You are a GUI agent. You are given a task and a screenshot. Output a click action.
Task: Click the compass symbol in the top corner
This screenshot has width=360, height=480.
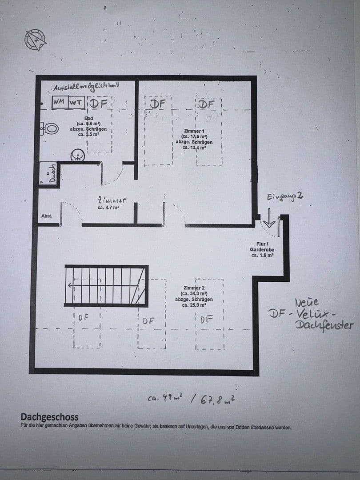(36, 40)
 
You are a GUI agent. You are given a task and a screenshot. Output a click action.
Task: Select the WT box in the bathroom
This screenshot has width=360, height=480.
(76, 102)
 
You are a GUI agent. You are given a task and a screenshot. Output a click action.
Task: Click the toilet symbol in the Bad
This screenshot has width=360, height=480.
(50, 129)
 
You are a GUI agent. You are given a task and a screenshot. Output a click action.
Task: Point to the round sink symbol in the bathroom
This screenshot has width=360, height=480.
(78, 156)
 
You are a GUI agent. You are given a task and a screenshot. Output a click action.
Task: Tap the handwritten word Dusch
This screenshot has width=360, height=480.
(52, 172)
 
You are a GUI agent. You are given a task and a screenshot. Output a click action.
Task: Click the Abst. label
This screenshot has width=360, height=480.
(46, 216)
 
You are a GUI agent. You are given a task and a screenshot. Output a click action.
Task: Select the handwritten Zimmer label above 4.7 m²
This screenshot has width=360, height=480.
(108, 200)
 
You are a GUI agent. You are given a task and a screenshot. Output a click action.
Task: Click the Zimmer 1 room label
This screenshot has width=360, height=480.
(194, 131)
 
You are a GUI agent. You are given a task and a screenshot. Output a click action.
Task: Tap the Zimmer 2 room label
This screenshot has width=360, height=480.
(194, 288)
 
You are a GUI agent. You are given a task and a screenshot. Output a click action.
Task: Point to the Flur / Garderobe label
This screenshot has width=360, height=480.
(262, 247)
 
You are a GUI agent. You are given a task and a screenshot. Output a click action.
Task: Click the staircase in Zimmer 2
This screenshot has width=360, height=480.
(106, 286)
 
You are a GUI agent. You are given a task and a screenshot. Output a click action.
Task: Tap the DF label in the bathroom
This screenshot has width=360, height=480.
(98, 104)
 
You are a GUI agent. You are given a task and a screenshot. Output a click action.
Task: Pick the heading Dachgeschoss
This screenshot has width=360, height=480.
(49, 417)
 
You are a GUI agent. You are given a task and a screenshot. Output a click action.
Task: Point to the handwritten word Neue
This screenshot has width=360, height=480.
(307, 303)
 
